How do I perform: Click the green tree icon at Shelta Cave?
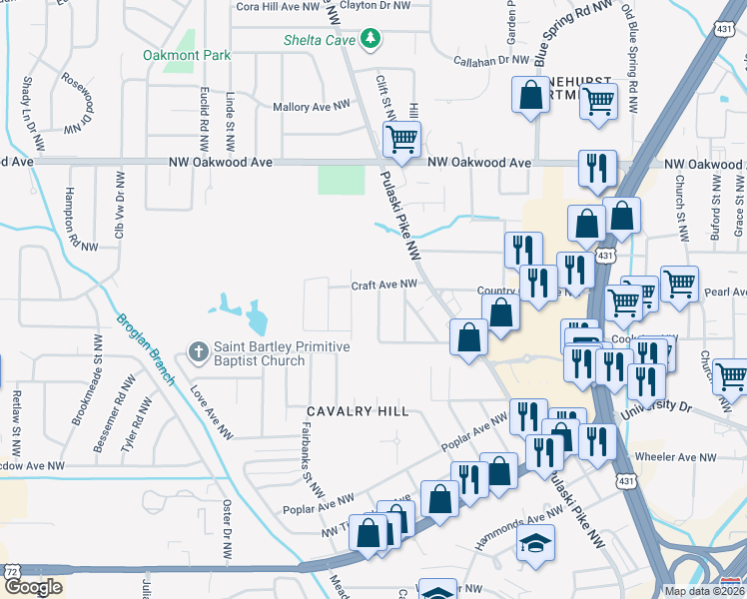point(373,39)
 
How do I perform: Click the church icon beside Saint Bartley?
point(198,352)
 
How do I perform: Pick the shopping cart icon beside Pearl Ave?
point(680,283)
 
